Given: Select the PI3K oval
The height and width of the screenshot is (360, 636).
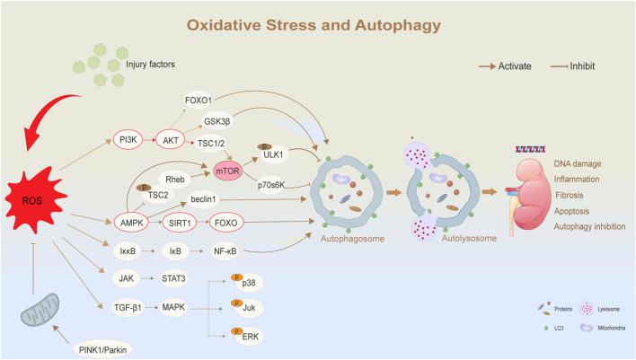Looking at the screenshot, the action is click(x=128, y=140).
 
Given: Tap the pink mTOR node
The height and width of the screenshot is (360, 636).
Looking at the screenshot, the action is click(x=227, y=171).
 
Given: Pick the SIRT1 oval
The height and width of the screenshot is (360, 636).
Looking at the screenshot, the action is click(x=180, y=223).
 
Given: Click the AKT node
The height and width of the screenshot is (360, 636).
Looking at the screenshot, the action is click(x=171, y=140).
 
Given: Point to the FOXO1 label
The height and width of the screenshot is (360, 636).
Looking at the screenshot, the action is click(x=199, y=101).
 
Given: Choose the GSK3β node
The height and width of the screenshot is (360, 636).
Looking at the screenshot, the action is click(x=217, y=121).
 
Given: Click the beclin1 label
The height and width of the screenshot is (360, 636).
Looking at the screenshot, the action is click(x=203, y=199).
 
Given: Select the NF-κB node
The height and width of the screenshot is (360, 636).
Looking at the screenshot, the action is click(x=225, y=251).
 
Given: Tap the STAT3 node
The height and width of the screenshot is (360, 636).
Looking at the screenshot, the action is click(x=173, y=278).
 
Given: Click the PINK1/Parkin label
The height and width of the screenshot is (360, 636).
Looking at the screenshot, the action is click(x=102, y=349).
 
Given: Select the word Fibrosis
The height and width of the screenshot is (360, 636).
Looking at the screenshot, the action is click(x=569, y=195).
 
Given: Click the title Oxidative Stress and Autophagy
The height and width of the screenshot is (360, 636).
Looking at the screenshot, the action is click(x=314, y=25).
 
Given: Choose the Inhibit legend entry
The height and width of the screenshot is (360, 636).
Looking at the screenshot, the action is click(x=572, y=66).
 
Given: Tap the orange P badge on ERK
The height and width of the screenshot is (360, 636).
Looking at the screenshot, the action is click(x=237, y=331).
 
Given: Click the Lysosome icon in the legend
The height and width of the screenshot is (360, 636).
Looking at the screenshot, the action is click(x=587, y=309).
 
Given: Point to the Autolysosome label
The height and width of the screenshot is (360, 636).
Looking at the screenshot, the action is click(x=469, y=239).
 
